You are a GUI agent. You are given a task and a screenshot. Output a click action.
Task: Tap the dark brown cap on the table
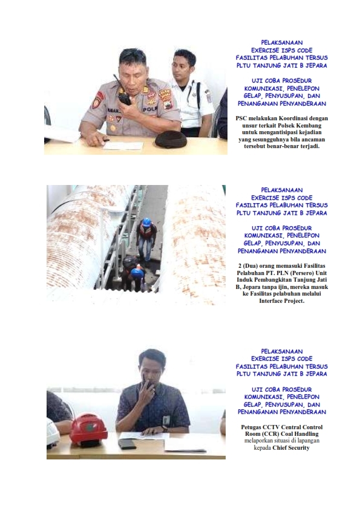tap(171, 140)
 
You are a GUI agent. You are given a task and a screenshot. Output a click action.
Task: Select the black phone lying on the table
tap(127, 444)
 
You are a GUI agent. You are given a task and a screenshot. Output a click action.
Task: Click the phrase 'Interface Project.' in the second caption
tap(282, 301)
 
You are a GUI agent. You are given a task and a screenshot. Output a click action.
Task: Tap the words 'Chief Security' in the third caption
tap(291, 448)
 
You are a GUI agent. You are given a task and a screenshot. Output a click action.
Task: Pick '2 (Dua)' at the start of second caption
tap(248, 266)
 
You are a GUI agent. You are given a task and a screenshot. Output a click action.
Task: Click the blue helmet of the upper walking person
tap(147, 222)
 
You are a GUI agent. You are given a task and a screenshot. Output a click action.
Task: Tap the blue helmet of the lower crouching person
tap(137, 273)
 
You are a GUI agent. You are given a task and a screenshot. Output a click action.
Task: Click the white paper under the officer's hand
tap(123, 146)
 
